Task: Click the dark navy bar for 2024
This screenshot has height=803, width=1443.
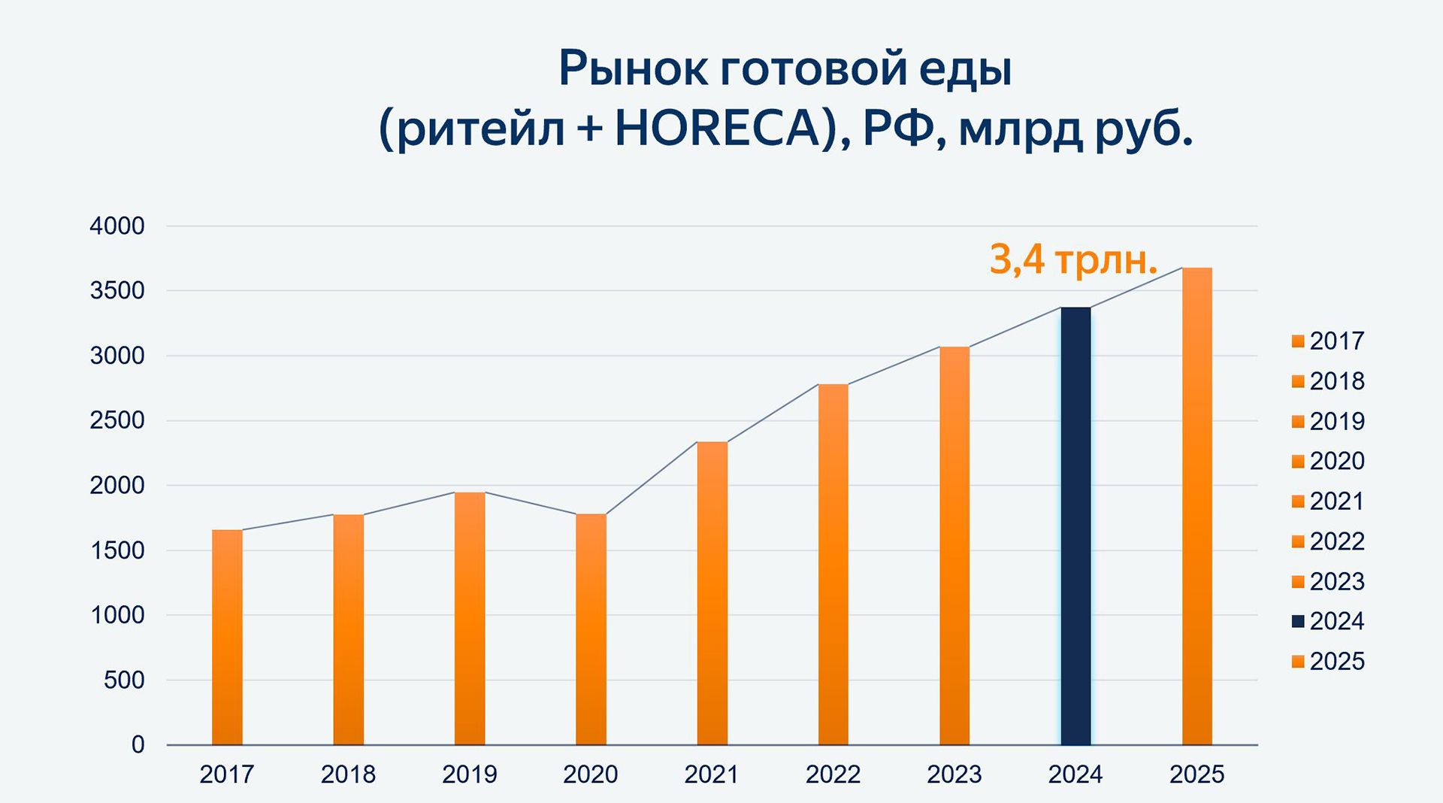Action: pos(1075,526)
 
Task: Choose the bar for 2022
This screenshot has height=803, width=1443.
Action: pos(833,565)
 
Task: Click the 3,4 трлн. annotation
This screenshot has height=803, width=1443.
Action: pos(1072,259)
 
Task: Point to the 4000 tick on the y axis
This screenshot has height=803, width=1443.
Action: pos(117,226)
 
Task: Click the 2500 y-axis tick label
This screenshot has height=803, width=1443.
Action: pos(117,421)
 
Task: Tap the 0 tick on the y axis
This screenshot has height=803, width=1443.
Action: pos(138,745)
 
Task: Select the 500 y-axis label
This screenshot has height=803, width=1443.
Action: pos(124,680)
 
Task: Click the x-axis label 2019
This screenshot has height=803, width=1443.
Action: pos(470,774)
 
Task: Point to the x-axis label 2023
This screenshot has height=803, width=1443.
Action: pos(954,774)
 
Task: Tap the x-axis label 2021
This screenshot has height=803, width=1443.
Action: pos(712,774)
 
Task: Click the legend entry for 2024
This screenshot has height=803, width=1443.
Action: pos(1328,622)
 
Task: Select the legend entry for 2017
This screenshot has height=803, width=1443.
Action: pos(1328,341)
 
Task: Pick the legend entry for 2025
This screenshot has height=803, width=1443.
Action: pos(1328,662)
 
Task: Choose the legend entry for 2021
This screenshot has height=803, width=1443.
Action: pos(1328,501)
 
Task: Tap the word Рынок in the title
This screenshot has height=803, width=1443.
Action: pos(633,68)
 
